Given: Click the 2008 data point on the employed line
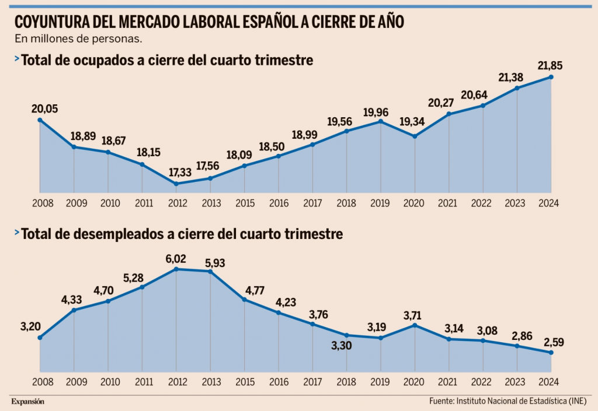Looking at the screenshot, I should pos(40,120).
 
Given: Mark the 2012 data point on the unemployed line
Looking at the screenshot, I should pos(176,269).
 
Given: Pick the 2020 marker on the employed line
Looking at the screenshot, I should pos(415,136).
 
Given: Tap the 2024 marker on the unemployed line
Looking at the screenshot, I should pos(551,353).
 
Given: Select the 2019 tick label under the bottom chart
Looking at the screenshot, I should pos(381,382).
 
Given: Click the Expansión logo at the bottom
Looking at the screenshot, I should pos(27,401).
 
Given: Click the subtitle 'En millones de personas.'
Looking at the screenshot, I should pos(78,40).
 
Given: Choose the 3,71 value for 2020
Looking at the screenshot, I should pos(415,315).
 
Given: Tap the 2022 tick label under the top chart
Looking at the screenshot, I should pos(483,203).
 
